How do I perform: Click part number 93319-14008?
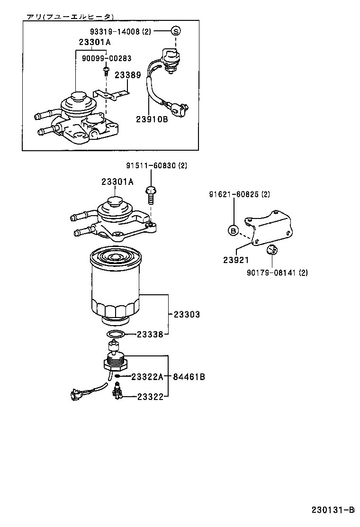[x=115, y=31]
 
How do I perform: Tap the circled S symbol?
[x=176, y=31]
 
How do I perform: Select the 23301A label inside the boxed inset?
[x=94, y=42]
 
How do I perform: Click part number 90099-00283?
[x=106, y=58]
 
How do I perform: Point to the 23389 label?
[x=127, y=74]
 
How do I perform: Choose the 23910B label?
[x=152, y=119]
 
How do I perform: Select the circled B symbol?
[x=233, y=231]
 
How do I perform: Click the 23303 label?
[x=186, y=314]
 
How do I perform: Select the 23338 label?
[x=150, y=334]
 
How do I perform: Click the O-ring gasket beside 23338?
[x=115, y=335]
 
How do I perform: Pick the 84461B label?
[x=189, y=377]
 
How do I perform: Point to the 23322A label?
[x=147, y=377]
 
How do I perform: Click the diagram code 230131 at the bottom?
[x=332, y=510]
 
